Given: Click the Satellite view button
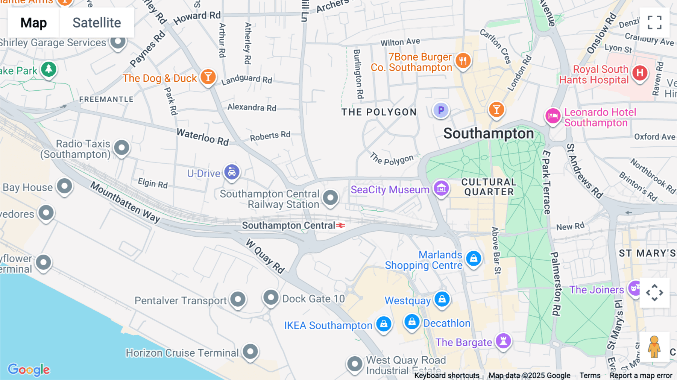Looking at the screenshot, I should [x=97, y=23].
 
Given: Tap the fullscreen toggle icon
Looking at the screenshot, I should [x=654, y=23].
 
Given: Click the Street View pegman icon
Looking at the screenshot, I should [x=654, y=347].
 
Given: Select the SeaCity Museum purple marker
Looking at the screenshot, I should [x=441, y=188].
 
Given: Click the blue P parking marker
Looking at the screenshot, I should [x=441, y=110].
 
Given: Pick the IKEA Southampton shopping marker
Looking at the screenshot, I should [x=384, y=324].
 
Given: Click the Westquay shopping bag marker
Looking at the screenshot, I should [x=442, y=299].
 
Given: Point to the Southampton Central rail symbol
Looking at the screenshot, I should [x=340, y=225].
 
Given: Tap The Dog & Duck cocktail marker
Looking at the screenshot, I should [x=208, y=77].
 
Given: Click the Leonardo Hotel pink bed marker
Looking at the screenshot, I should [x=553, y=116].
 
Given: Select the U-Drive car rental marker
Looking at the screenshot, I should [x=232, y=172].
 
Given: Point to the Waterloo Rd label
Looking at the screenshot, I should [x=203, y=137].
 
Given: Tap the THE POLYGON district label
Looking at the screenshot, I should [x=379, y=112].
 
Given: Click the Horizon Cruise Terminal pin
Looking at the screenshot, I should [x=250, y=351].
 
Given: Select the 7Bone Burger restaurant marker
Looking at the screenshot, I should [x=463, y=60].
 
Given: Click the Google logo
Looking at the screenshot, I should [x=29, y=369].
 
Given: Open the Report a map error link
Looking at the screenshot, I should [x=641, y=375].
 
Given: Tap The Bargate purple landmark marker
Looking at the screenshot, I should [x=503, y=340].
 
